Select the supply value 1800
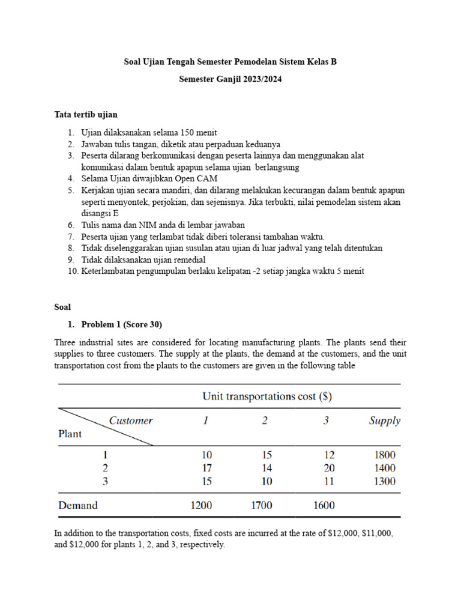click(x=384, y=455)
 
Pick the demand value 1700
click(x=261, y=505)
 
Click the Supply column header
click(x=384, y=420)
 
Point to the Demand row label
click(x=77, y=505)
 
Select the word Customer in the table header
click(x=131, y=420)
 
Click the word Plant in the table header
click(x=70, y=434)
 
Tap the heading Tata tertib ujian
click(x=86, y=114)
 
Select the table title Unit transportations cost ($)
click(x=267, y=396)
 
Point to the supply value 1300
click(x=384, y=481)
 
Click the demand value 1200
click(x=201, y=505)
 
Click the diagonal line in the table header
click(x=105, y=427)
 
